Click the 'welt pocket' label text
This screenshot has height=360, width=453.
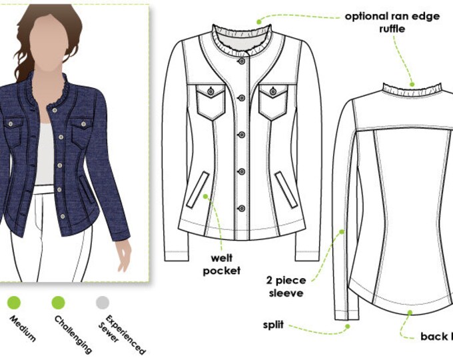(223, 263)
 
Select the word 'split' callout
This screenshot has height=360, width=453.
(273, 325)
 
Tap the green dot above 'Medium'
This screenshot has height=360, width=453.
(14, 302)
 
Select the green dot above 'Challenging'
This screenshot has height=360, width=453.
(59, 302)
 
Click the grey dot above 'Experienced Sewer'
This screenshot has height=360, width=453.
(102, 302)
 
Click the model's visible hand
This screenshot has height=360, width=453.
(123, 251)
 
